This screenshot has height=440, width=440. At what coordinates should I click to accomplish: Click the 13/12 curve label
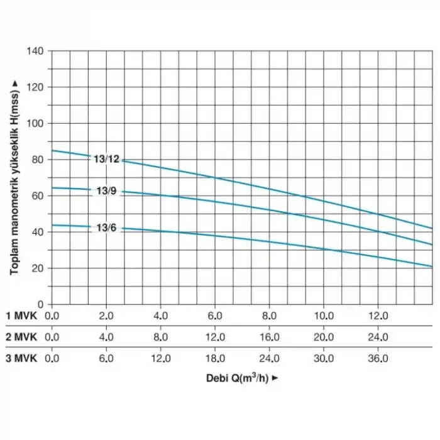pos(106,159)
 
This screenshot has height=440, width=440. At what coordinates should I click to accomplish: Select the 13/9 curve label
pos(106,190)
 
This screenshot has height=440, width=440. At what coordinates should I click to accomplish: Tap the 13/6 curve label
pos(106,228)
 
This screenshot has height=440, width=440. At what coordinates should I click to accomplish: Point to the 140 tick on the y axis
pos(36,50)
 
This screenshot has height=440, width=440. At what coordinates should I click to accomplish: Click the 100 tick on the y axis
pos(36,123)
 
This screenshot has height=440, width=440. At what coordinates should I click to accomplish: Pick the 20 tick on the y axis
pos(38,268)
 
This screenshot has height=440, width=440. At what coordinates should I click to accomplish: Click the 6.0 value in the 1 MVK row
pos(215,314)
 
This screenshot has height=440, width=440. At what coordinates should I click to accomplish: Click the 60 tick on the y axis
pos(38,195)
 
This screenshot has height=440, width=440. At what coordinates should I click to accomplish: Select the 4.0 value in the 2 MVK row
pos(106,336)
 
